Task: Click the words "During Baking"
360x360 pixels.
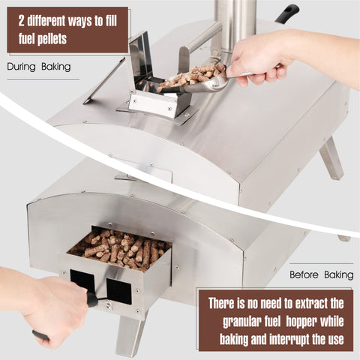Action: point(39,67)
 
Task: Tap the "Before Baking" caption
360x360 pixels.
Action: point(322,274)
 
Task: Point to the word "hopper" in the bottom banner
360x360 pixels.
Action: point(301,321)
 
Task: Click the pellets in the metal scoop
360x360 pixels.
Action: point(193,74)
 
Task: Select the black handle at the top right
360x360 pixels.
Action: point(288,13)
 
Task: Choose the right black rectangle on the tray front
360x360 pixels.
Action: point(119,291)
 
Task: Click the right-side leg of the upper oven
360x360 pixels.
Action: point(331,158)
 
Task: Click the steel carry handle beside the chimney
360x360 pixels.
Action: point(199,43)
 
